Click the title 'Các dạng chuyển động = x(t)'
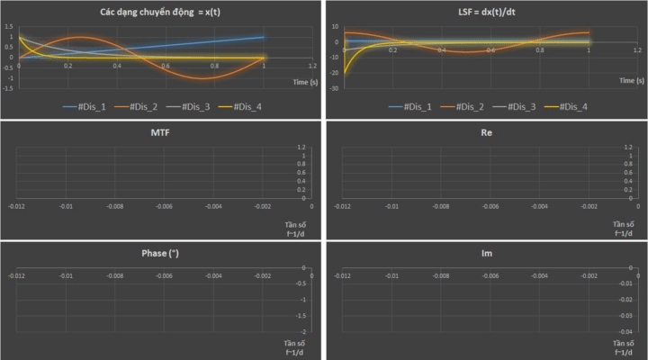[161, 13]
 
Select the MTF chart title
[161, 132]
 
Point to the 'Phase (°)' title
[161, 253]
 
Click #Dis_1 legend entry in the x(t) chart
[90, 107]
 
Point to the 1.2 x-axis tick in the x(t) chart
[311, 67]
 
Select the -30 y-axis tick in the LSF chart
[334, 88]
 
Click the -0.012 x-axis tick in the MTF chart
[17, 206]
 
